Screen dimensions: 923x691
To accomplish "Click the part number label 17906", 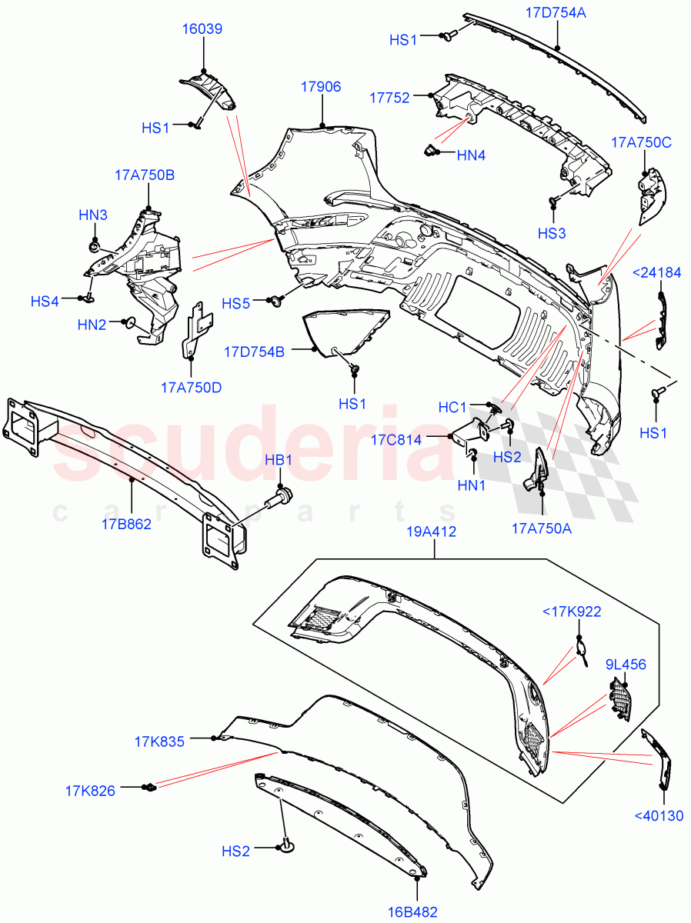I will click(x=321, y=88).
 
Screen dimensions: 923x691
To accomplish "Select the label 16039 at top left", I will click(x=202, y=29).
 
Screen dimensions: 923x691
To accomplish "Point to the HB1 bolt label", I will click(x=278, y=460).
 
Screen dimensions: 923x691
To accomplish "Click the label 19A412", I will click(x=435, y=531).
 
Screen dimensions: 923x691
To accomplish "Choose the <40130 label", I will click(x=658, y=816).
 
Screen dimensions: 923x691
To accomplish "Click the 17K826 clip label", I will click(x=90, y=791).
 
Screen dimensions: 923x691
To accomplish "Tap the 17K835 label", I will click(x=160, y=742).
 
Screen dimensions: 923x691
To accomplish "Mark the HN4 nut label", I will click(x=471, y=155).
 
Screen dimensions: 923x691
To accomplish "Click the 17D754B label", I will click(x=255, y=352).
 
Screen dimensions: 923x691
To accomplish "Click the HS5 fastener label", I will click(x=237, y=304).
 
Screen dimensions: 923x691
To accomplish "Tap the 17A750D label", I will click(x=192, y=387).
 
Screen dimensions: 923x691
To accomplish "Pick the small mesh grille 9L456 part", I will click(x=620, y=699).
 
